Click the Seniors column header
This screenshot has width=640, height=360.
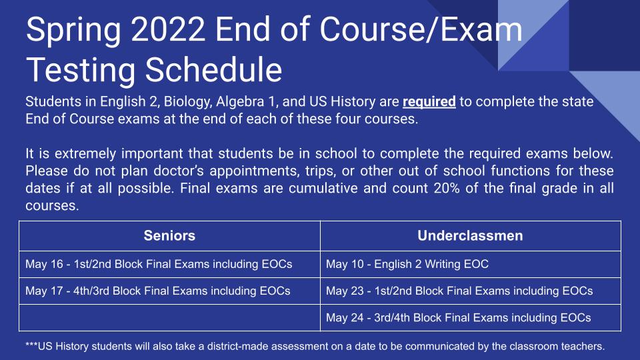tap(169, 236)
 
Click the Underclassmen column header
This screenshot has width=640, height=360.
tap(470, 236)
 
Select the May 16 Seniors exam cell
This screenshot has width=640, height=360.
tap(159, 264)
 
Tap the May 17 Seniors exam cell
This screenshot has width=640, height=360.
tap(157, 291)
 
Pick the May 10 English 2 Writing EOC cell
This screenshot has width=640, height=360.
tap(407, 264)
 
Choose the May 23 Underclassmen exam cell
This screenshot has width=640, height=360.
tap(459, 291)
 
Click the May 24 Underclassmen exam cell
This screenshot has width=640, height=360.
tap(458, 317)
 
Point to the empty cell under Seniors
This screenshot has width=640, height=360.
tap(169, 317)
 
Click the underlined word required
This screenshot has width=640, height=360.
tap(429, 103)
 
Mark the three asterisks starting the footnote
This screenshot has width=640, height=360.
tap(31, 346)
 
